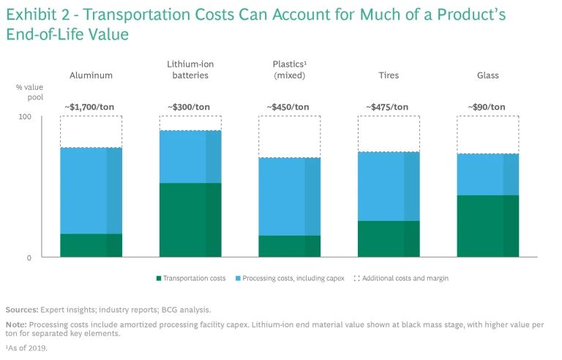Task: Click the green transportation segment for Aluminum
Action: point(91,245)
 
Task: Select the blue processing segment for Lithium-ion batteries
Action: point(190,157)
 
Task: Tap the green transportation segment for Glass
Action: point(487,226)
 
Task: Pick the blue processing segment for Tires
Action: point(389,187)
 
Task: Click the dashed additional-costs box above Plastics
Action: point(289,137)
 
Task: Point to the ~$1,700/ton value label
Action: point(91,107)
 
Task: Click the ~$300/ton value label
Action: point(189,107)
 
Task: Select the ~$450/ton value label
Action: point(288,107)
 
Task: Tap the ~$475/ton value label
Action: point(388,107)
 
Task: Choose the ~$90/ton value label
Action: point(487,107)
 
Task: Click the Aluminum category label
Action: point(91,75)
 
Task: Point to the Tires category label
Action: point(388,75)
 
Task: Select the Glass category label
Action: point(487,75)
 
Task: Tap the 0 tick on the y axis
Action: point(29,258)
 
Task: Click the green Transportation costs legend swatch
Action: point(158,279)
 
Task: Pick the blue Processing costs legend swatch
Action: point(237,279)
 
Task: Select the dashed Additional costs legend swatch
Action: point(357,279)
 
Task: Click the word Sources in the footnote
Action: point(20,310)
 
